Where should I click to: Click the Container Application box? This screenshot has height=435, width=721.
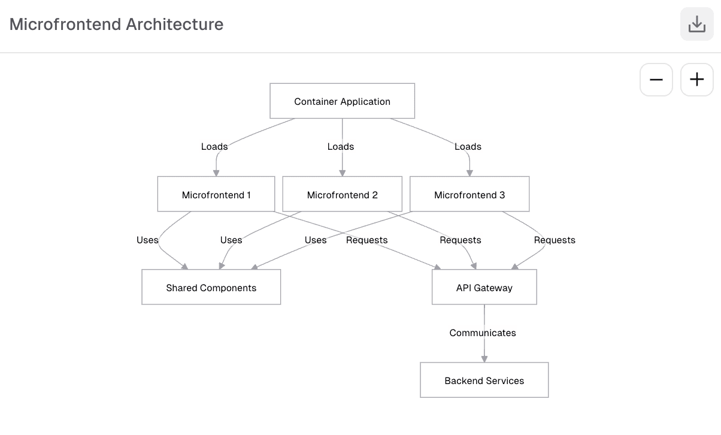coord(342,101)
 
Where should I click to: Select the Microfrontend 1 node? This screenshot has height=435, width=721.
coord(216,194)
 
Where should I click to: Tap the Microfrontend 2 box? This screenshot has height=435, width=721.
coord(342,194)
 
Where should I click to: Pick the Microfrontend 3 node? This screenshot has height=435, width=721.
coord(469,194)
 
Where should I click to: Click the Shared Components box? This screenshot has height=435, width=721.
coord(211,287)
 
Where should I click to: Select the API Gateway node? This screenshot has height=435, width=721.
coord(484,287)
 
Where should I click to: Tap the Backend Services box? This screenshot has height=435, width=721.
coord(484,380)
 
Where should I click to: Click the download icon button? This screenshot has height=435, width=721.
coord(696,25)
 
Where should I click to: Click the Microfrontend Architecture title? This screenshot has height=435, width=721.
coord(116,25)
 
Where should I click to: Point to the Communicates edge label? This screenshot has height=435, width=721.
coord(483,333)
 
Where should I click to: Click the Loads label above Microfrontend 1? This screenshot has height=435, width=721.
coord(214,146)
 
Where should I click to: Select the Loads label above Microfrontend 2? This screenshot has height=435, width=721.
coord(341,146)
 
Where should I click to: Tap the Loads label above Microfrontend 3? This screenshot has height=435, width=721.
coord(468,146)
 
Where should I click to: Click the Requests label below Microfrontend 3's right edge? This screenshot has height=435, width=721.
coord(555,240)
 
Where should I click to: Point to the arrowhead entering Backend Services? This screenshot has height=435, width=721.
coord(484,359)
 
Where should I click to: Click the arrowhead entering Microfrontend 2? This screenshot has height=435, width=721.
coord(342,173)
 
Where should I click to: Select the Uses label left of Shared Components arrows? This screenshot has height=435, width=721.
coord(147,240)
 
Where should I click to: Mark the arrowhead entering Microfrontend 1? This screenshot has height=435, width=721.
coord(216,173)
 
